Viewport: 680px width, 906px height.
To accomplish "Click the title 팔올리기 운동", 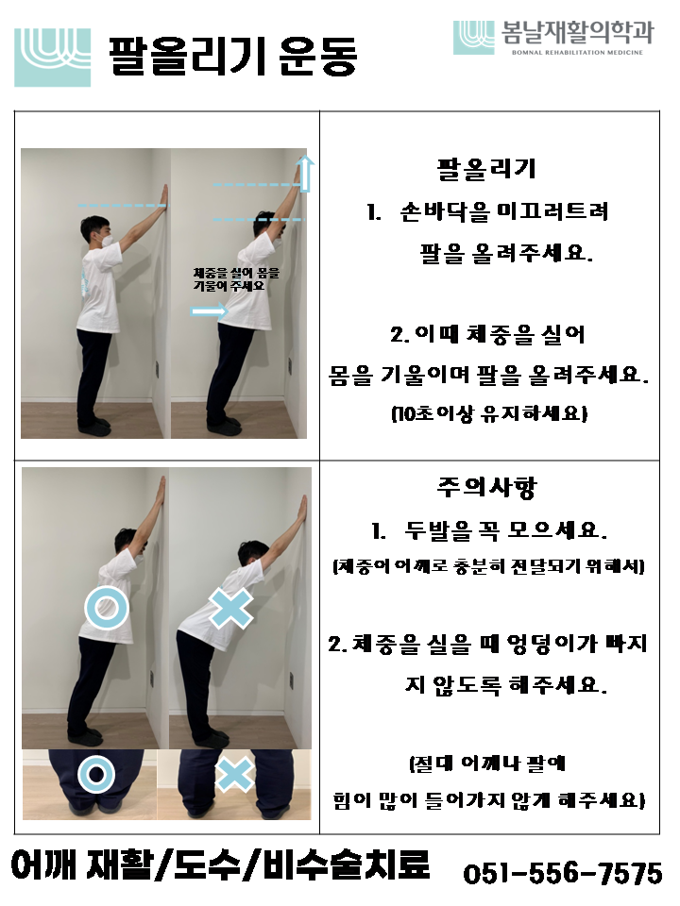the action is tap(232, 56).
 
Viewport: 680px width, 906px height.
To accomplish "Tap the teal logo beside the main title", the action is tap(53, 58).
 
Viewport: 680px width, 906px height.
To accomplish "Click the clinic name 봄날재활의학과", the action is tap(577, 32).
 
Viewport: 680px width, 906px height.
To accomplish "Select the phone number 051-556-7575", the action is tap(563, 873).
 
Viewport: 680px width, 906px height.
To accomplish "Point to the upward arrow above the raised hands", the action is tap(305, 174).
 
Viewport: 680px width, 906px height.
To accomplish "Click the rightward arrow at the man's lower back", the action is tap(209, 312).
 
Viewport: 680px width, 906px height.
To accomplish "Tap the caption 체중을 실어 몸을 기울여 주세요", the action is tap(236, 279).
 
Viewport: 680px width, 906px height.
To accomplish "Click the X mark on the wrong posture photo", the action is tap(230, 608).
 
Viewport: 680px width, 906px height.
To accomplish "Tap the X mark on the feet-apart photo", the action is tap(234, 774).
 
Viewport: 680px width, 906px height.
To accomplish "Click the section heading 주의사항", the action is tap(487, 487).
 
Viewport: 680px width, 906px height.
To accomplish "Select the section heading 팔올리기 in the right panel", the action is tap(487, 169).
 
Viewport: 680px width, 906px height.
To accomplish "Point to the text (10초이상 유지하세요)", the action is tap(489, 413).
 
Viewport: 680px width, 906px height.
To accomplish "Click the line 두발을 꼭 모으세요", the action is tap(489, 529).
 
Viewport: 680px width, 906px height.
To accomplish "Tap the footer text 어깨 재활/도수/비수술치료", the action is tap(220, 864).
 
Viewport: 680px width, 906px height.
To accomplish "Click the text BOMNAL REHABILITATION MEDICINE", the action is tap(577, 53).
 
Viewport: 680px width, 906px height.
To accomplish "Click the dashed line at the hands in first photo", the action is tap(123, 205).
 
